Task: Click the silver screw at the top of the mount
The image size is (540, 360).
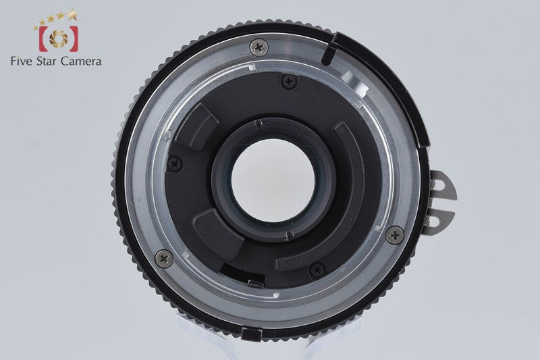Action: pyautogui.click(x=259, y=47)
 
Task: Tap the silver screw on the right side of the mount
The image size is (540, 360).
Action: pyautogui.click(x=395, y=235)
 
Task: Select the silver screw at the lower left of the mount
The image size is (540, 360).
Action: pyautogui.click(x=164, y=259)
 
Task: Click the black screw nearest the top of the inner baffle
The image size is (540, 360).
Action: pyautogui.click(x=290, y=82)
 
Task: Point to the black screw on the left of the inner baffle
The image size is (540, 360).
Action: pyautogui.click(x=175, y=163)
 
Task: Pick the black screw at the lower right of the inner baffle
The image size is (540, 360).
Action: pyautogui.click(x=317, y=269)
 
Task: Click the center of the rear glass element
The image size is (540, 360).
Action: pyautogui.click(x=273, y=180)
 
